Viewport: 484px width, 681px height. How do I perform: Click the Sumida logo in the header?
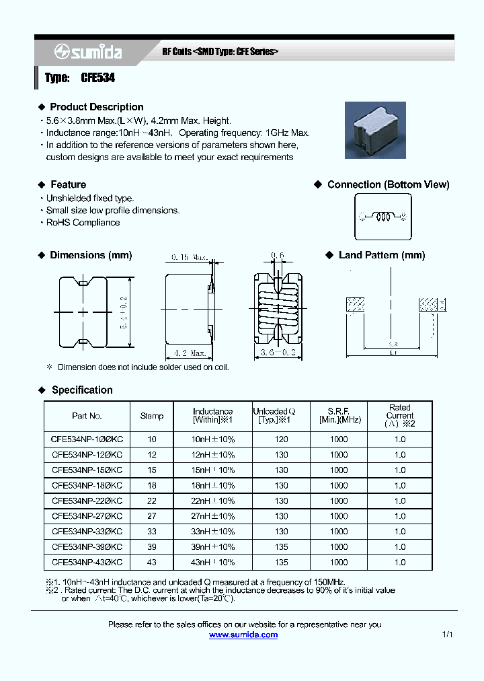84,52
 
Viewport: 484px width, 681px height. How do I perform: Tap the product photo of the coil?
375,130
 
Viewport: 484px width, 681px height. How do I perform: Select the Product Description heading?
96,107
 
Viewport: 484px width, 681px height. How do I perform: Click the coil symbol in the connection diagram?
383,217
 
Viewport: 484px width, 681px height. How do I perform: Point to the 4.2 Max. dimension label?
189,353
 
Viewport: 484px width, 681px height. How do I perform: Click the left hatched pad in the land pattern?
355,305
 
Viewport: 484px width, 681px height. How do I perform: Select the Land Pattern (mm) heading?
381,255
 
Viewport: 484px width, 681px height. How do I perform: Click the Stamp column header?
152,416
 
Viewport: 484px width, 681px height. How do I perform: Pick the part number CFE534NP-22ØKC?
87,501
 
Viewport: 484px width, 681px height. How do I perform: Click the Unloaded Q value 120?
281,439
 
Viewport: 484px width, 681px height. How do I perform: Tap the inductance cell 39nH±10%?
213,547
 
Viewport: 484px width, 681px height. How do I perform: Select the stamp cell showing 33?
152,532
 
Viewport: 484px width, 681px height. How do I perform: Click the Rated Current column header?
399,415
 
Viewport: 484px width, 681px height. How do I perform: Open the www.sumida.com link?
243,635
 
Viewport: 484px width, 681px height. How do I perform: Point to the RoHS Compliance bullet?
83,223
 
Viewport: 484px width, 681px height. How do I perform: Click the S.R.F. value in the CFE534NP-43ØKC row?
339,563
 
